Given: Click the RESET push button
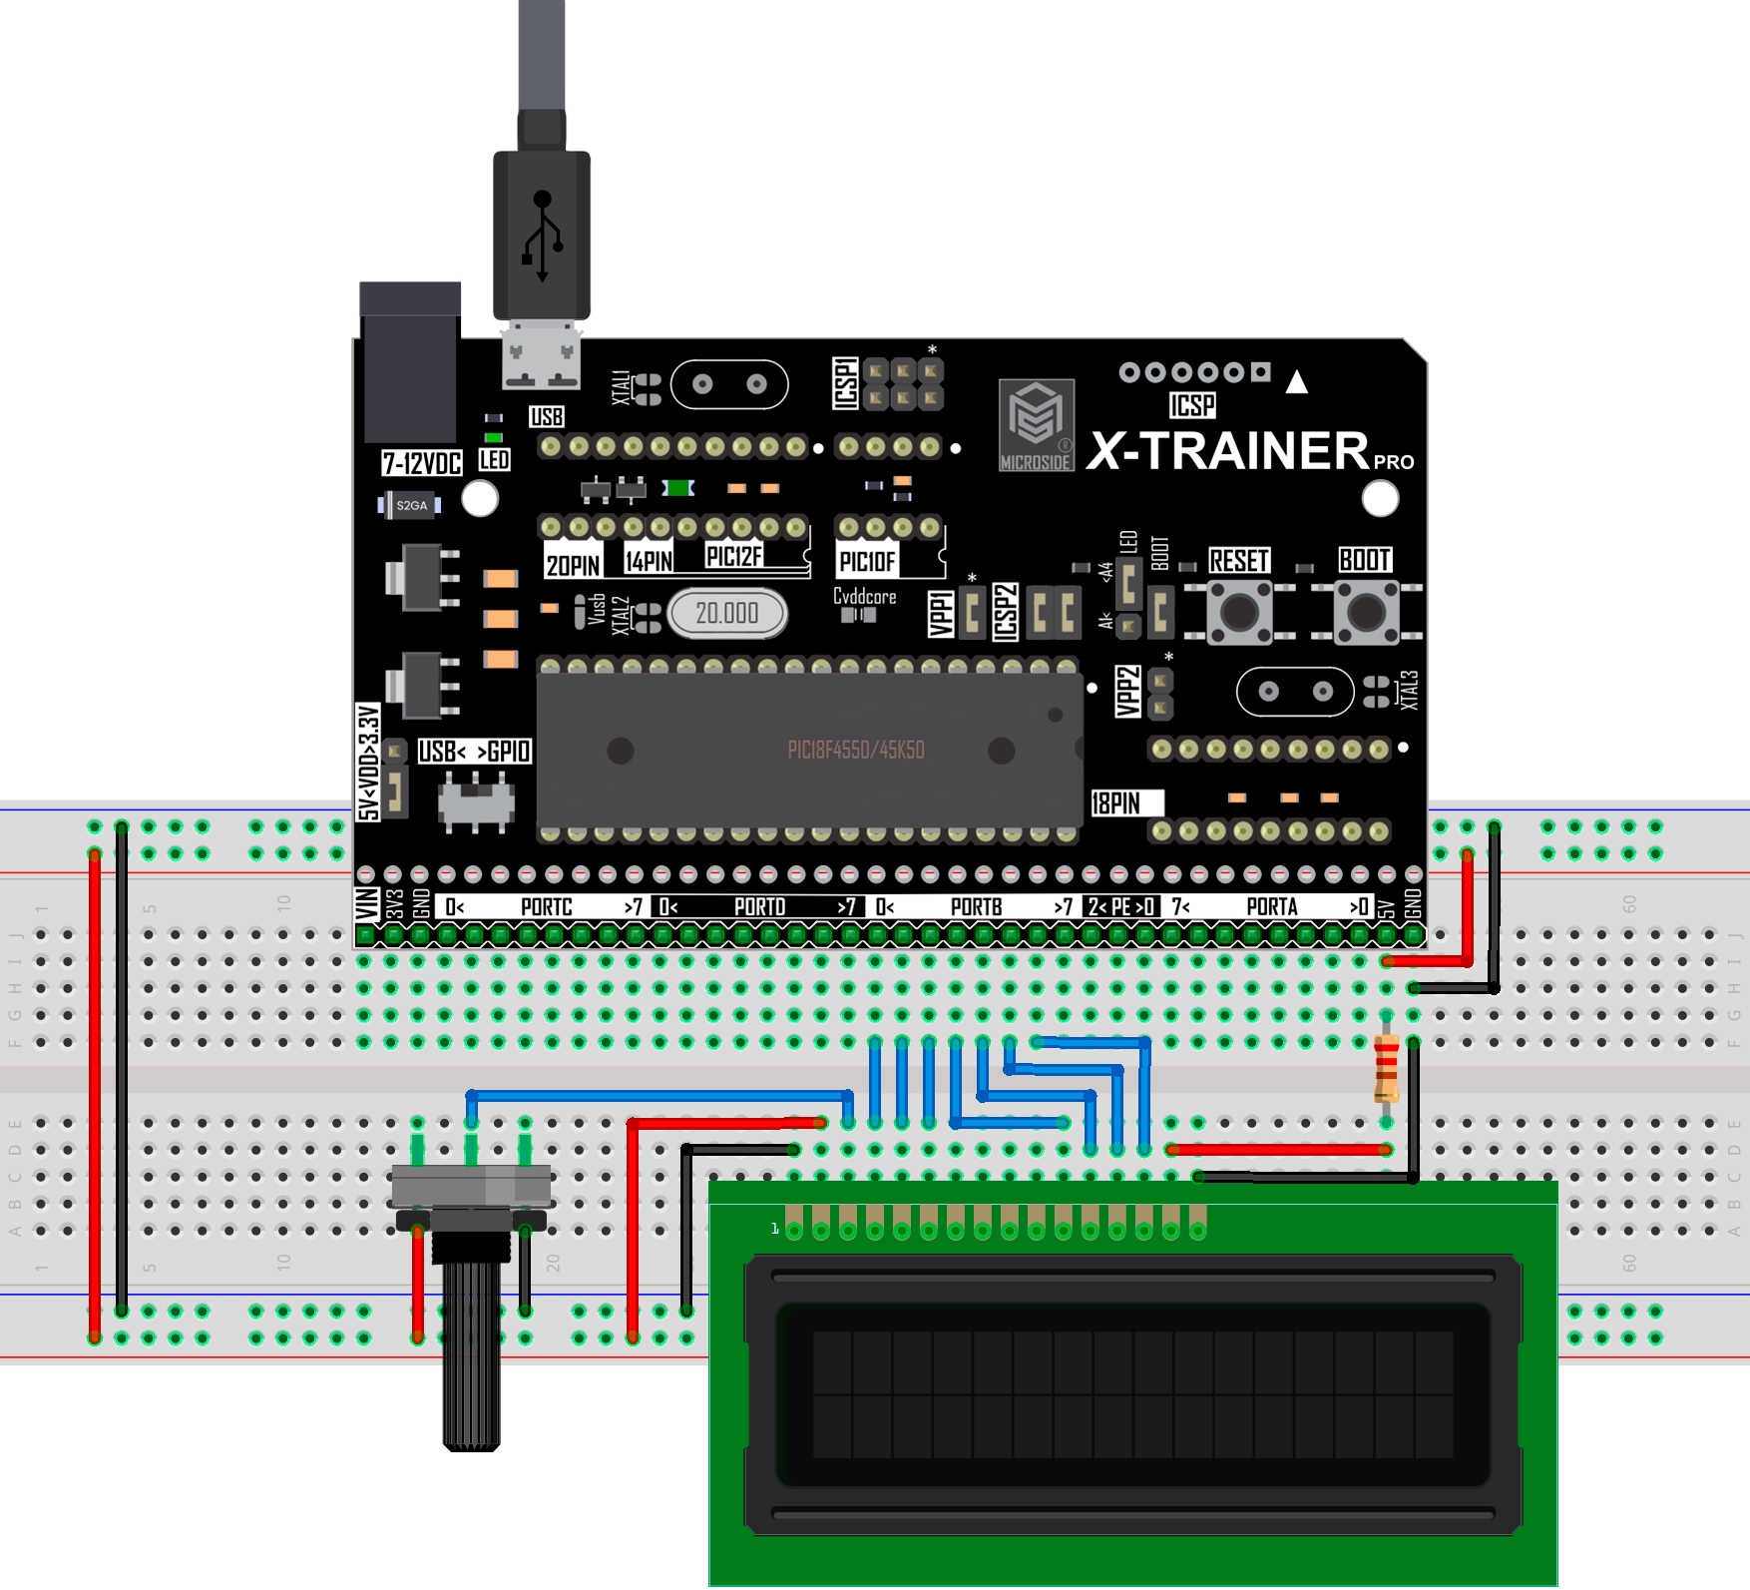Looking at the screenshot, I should (1239, 612).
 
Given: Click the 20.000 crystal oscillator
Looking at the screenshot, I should (727, 613).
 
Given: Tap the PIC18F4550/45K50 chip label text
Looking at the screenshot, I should (856, 751).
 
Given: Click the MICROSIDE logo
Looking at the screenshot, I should (1037, 424).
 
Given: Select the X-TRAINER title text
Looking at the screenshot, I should (1228, 451).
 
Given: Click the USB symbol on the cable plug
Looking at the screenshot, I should (542, 236).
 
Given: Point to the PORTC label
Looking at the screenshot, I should (547, 906).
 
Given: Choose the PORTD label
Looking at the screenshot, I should (759, 906).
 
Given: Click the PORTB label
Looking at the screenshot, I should (976, 906).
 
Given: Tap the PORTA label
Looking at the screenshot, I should (1272, 906).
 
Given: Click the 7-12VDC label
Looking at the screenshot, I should (422, 463).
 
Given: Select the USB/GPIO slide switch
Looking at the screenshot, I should (476, 800).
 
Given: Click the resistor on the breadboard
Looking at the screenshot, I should (1386, 1068).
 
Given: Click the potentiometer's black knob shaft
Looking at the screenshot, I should (471, 1352).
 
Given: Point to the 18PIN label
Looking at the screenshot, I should (1116, 803).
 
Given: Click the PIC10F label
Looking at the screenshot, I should (867, 562).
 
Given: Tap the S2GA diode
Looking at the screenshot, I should (410, 506).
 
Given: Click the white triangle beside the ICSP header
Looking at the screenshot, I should (1296, 382).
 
